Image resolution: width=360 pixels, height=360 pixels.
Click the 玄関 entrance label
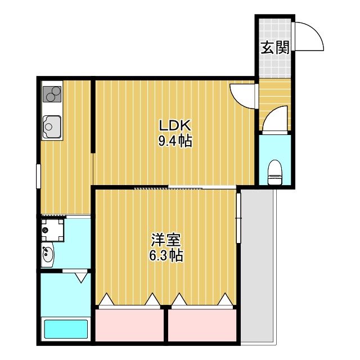[x=274, y=47]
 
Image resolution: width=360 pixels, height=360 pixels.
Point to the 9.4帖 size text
[x=175, y=141]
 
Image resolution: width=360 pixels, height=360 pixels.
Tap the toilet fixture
[x=275, y=172]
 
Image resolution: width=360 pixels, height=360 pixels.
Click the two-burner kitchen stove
[x=52, y=94]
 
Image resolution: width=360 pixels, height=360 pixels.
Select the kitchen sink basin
[x=52, y=125]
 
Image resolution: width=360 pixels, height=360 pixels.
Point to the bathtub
[x=66, y=329]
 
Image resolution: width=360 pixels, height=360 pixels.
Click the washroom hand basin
[x=48, y=256]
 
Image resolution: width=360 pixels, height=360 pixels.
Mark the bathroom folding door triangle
[x=82, y=276]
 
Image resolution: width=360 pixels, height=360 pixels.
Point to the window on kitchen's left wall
[x=38, y=175]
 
